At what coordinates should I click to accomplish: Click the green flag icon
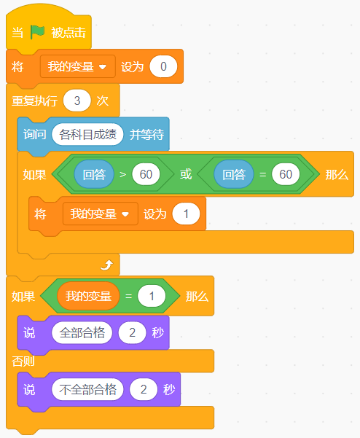pos(37,32)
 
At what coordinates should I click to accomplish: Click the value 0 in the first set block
pos(163,66)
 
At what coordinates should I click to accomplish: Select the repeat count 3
pos(77,101)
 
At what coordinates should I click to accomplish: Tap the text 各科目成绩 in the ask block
pos(87,135)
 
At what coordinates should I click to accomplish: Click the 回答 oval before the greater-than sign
pos(94,174)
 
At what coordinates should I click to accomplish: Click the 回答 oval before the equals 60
pos(234,174)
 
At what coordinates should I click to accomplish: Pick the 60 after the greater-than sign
pos(146,174)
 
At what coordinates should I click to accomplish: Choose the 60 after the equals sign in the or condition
pos(286,174)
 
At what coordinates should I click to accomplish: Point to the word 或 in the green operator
pos(186,174)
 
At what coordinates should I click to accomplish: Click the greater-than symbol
pos(123,175)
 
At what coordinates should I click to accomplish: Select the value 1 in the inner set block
pos(186,214)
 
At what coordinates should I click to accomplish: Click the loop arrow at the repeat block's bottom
pos(106,265)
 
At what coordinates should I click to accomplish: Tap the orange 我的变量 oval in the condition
pos(88,296)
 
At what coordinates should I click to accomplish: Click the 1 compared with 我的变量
pos(152,296)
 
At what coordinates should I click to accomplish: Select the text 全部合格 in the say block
pos(82,332)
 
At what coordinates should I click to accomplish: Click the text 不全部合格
pos(87,389)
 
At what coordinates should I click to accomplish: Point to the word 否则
pos(23,361)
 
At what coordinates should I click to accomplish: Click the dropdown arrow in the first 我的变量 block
pos(103,67)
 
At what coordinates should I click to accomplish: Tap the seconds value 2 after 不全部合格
pos(144,389)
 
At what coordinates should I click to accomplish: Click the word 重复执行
pos(35,101)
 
